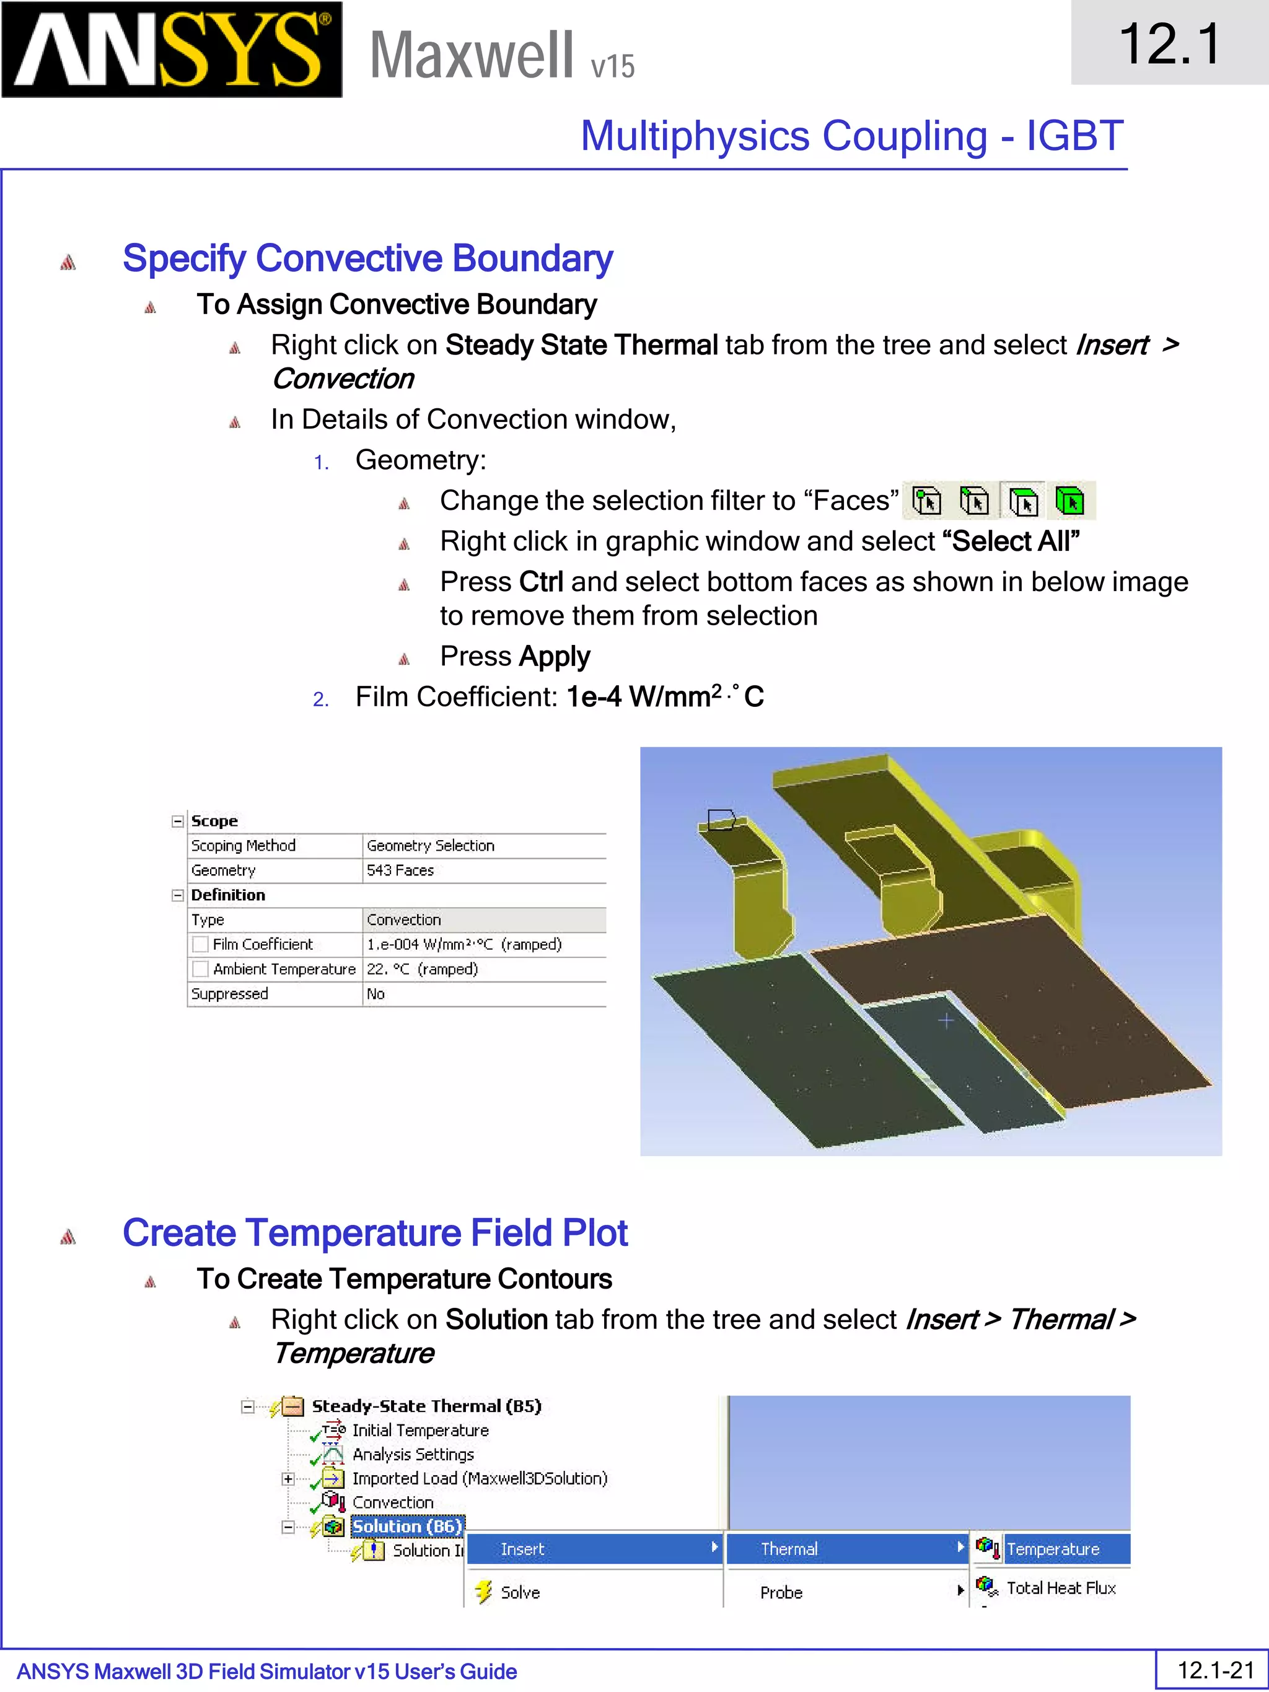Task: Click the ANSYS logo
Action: tap(172, 50)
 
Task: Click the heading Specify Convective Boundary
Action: tap(367, 258)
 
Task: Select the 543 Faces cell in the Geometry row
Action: tap(400, 870)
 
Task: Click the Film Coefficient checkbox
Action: tap(200, 945)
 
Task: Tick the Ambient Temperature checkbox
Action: tap(200, 969)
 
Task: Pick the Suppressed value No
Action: tap(375, 994)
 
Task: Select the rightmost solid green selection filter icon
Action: tap(1069, 502)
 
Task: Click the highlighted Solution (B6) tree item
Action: tap(406, 1527)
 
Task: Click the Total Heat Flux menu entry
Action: tap(1060, 1588)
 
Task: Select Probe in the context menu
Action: tap(781, 1592)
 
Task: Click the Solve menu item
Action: tap(520, 1592)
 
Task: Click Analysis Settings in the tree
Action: tap(413, 1454)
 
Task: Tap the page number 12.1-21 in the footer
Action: tap(1214, 1670)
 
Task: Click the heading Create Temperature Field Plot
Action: tap(375, 1233)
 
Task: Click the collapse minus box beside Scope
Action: tap(177, 822)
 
